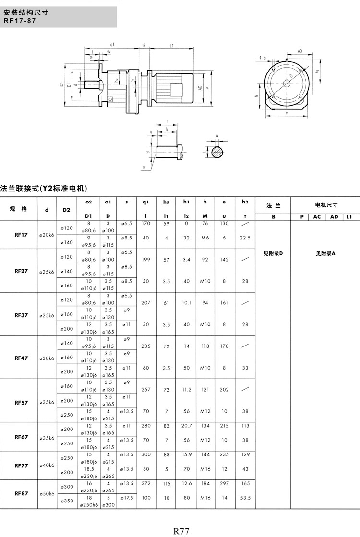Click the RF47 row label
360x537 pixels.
click(x=21, y=358)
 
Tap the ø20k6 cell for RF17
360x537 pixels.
click(x=47, y=235)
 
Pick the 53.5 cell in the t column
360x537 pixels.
click(x=245, y=498)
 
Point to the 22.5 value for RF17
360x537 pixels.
click(x=245, y=238)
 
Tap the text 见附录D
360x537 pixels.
click(x=273, y=253)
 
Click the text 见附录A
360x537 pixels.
click(x=325, y=253)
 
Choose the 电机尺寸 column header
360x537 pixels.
click(x=325, y=205)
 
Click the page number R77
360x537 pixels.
click(x=181, y=531)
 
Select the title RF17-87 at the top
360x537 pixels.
click(x=19, y=21)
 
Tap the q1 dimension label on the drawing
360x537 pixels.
click(x=112, y=44)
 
